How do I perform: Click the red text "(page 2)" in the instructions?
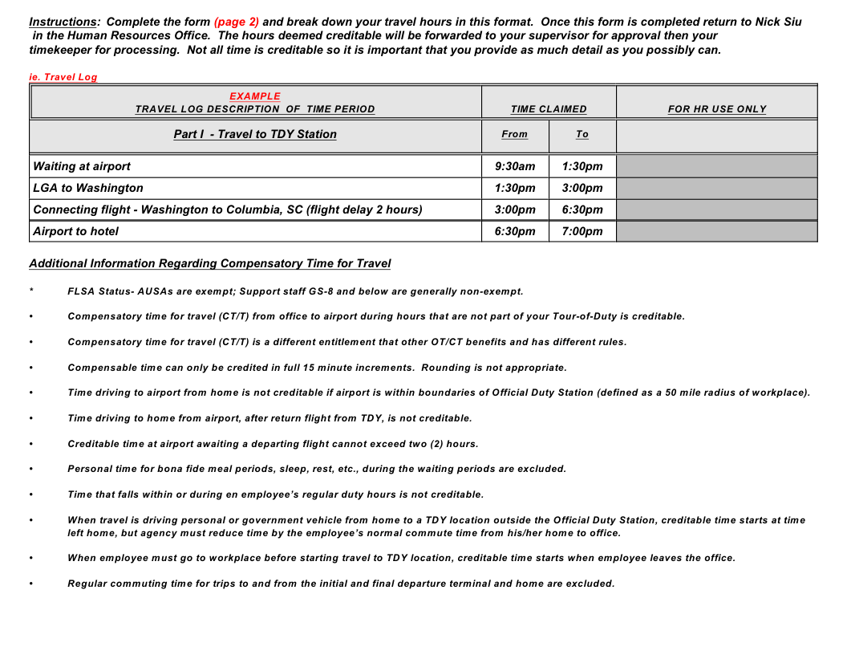(236, 22)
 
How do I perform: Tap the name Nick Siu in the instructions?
(778, 22)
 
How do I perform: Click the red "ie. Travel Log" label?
(63, 77)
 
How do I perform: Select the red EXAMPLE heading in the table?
(255, 96)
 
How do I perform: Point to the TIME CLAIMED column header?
(549, 109)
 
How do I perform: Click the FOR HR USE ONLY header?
(717, 109)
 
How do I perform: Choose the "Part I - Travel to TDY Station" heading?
(255, 134)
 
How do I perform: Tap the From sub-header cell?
(515, 134)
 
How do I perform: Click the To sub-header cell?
(582, 134)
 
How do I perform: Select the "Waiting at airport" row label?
(82, 166)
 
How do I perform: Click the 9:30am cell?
(515, 166)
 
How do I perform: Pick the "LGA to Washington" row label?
(88, 188)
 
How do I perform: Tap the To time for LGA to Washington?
(582, 188)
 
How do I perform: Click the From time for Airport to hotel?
(515, 231)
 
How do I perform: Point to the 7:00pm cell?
(582, 231)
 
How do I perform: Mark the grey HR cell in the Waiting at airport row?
(717, 166)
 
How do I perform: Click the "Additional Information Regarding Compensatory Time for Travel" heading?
(210, 263)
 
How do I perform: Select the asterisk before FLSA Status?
(31, 291)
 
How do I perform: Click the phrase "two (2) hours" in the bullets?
(445, 444)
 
